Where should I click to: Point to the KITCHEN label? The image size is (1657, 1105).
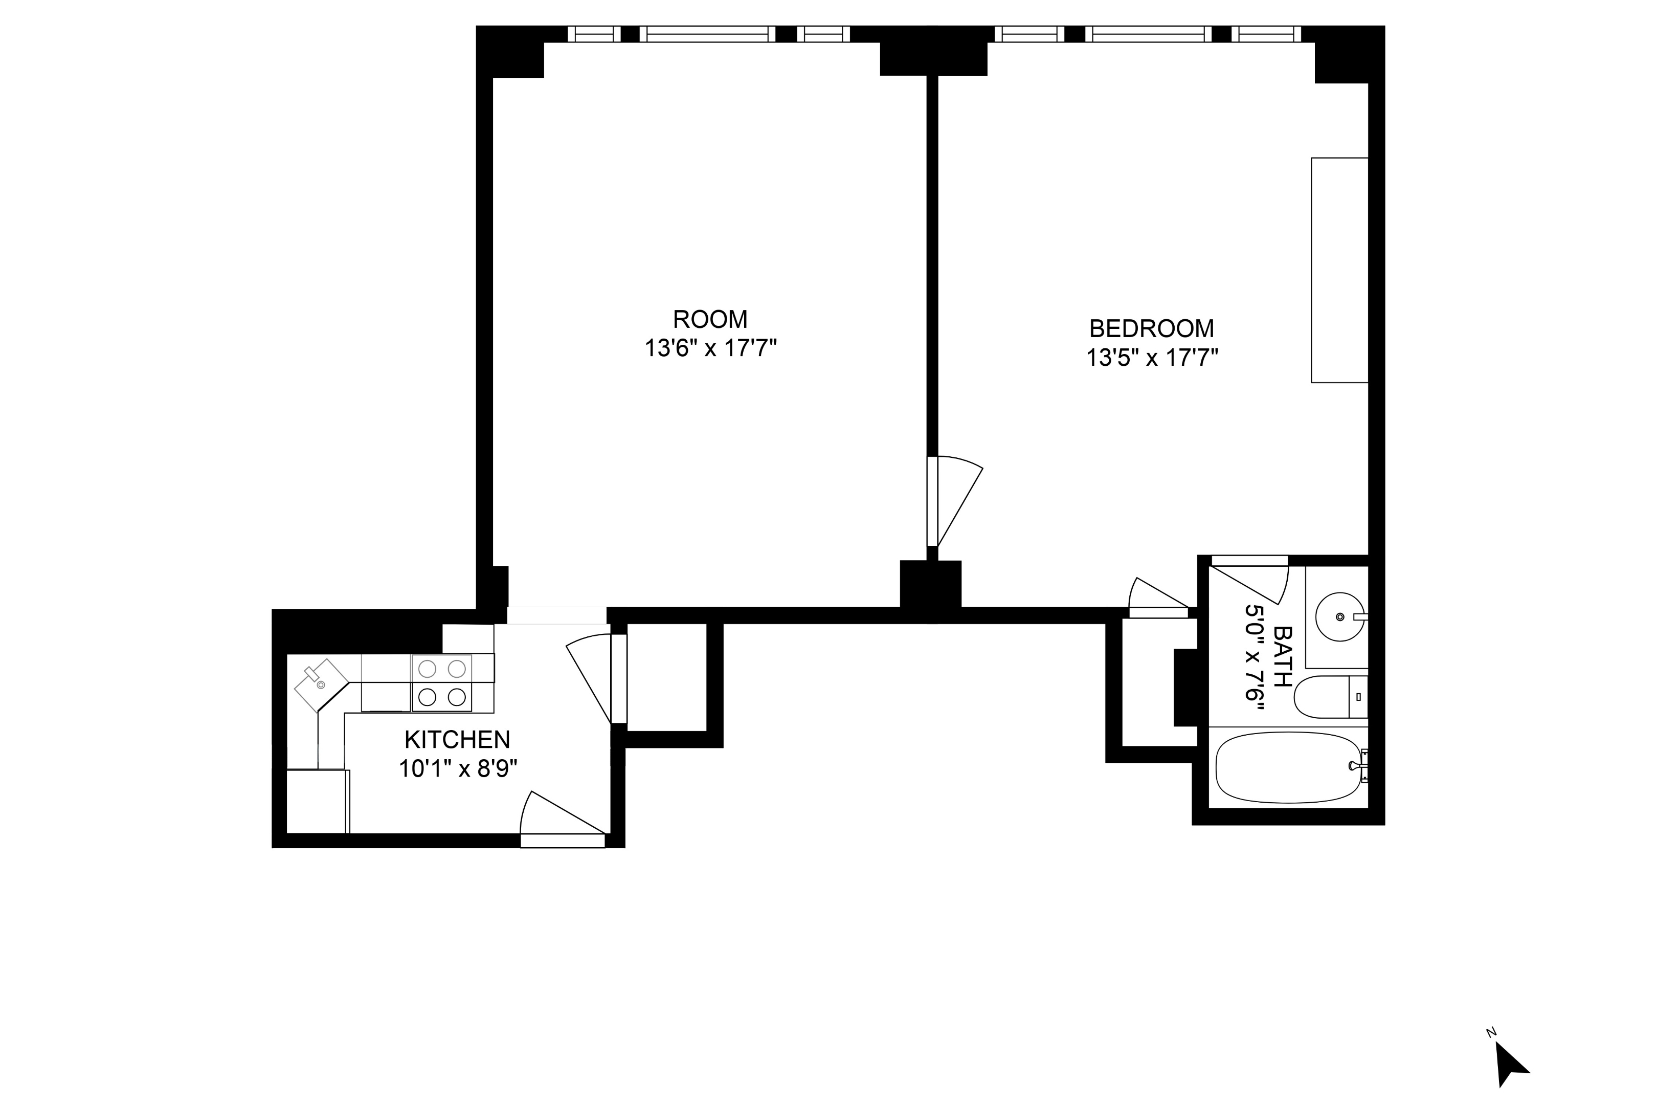457,739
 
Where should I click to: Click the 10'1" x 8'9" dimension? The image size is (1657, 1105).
458,768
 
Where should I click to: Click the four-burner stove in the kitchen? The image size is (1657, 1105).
442,683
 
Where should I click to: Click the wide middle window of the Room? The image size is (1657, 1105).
707,34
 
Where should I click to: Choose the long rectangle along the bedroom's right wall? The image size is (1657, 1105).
1338,271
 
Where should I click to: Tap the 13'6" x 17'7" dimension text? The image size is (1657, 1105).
710,349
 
